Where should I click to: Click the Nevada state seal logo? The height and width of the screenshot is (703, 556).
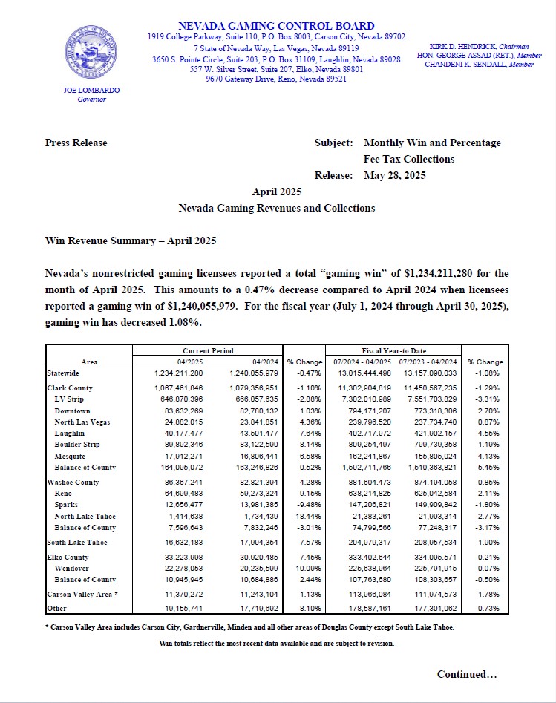[91, 54]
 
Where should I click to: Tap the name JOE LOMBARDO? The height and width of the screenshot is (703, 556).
[91, 90]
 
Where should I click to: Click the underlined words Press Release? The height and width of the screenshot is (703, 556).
[76, 143]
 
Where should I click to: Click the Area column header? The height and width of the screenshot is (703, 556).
[89, 362]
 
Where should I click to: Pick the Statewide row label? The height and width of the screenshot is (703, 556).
[63, 373]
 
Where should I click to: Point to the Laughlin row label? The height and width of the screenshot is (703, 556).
[70, 433]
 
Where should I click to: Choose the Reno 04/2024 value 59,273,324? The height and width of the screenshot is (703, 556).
[255, 492]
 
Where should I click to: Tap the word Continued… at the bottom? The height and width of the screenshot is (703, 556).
[466, 674]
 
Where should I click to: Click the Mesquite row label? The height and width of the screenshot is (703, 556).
[70, 456]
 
